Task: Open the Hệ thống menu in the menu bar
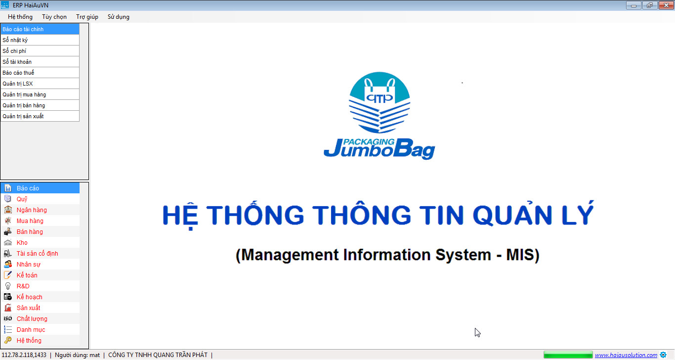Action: pos(20,17)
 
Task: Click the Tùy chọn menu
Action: pos(54,17)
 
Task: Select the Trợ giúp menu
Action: pos(87,17)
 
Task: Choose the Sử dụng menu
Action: pos(119,17)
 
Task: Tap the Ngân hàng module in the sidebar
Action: pos(32,210)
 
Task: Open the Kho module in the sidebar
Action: pos(22,242)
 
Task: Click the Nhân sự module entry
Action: pos(29,265)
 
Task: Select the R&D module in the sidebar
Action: pos(23,286)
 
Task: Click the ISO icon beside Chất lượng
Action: pos(8,318)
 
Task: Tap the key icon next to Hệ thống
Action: pos(8,340)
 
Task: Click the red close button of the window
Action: pos(666,5)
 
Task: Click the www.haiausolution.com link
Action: pos(626,355)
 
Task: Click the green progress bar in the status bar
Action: pos(568,355)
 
